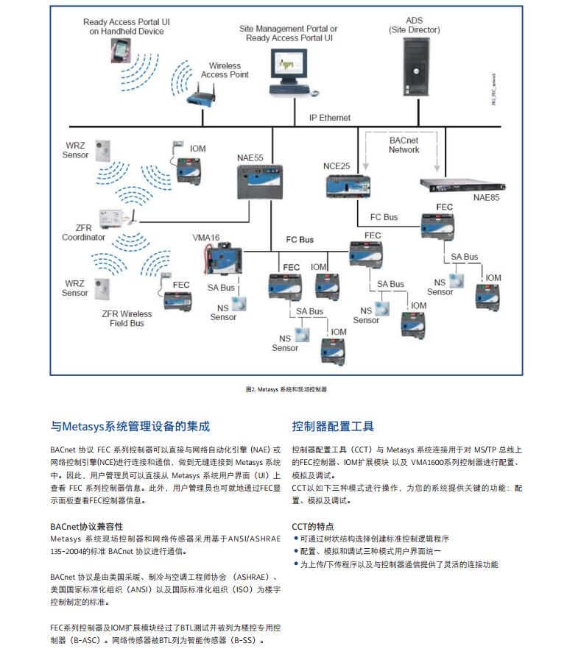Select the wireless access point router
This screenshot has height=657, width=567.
coord(200,93)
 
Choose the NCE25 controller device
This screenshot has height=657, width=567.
coord(346,184)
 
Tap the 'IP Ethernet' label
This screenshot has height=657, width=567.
coord(329,118)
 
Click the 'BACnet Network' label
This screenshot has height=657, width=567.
coord(404,144)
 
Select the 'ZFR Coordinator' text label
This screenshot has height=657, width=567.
coord(83,232)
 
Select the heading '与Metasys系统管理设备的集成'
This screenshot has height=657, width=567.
coord(130,426)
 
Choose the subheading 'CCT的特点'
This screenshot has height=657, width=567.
coord(313,527)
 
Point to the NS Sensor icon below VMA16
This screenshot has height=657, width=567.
coord(239,302)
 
